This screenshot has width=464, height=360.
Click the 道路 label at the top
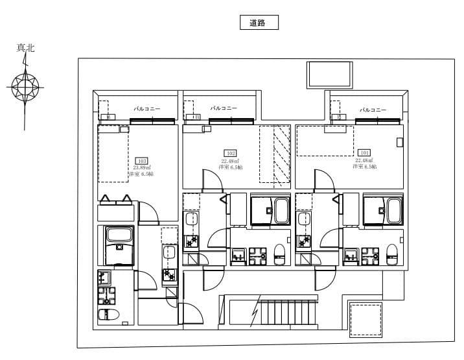pyautogui.click(x=259, y=23)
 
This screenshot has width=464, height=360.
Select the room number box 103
pyautogui.click(x=141, y=160)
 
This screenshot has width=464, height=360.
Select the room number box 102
pyautogui.click(x=230, y=154)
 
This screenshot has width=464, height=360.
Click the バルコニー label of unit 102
pyautogui.click(x=224, y=108)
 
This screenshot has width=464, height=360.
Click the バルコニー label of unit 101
pyautogui.click(x=373, y=110)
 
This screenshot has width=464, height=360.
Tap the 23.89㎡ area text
pyautogui.click(x=141, y=167)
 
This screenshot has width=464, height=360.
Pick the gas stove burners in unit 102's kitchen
pyautogui.click(x=192, y=241)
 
